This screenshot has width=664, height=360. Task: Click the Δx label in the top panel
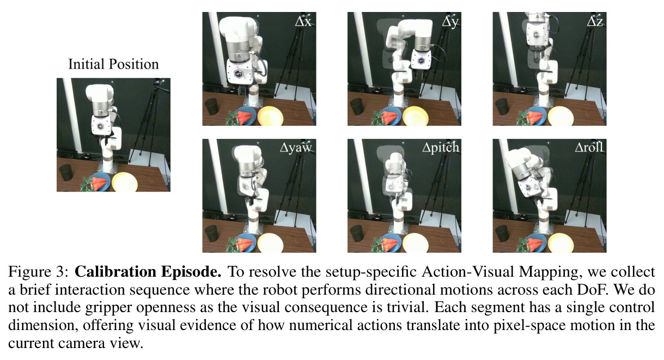point(303,22)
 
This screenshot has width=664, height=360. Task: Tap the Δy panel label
point(450,22)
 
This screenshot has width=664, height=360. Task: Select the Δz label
point(595,22)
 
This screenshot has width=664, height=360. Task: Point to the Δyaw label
point(296,148)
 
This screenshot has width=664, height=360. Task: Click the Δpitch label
point(441,147)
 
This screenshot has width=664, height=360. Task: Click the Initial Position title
point(113,64)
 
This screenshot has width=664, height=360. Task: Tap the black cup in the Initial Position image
point(66,173)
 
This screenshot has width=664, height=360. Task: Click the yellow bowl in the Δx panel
point(270,116)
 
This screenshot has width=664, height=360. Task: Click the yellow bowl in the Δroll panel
point(561,243)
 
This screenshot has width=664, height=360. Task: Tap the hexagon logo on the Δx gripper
point(238,74)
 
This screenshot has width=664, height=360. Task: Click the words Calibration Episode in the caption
point(148,272)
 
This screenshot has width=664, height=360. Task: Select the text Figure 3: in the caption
point(39,272)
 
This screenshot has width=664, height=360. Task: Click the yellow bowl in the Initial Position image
point(125,181)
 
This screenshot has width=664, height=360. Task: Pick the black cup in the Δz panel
point(502,106)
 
